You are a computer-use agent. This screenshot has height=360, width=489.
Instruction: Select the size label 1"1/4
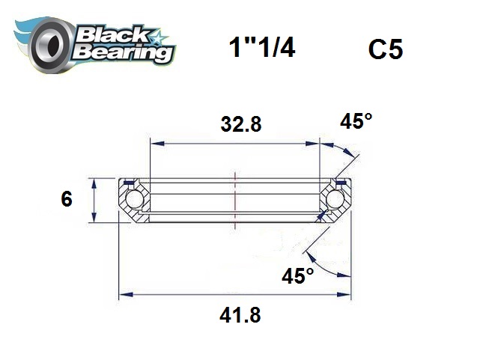(x=261, y=49)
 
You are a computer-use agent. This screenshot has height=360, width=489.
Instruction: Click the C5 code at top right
(x=386, y=49)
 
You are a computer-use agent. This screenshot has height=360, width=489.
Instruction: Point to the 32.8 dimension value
(x=240, y=125)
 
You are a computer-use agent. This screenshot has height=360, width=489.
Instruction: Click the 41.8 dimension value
(x=240, y=315)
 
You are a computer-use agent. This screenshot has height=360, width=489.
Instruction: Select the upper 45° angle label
(x=356, y=121)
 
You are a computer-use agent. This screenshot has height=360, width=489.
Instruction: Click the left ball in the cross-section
(x=135, y=200)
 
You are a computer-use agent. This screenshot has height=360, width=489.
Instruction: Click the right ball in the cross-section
(x=334, y=200)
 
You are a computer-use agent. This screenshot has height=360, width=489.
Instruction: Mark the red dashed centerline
(x=235, y=196)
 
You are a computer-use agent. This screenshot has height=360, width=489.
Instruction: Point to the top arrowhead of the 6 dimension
(x=94, y=182)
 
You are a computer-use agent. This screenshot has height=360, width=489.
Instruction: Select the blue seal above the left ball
(x=129, y=182)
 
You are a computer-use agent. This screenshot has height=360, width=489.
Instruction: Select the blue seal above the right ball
(x=341, y=182)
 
